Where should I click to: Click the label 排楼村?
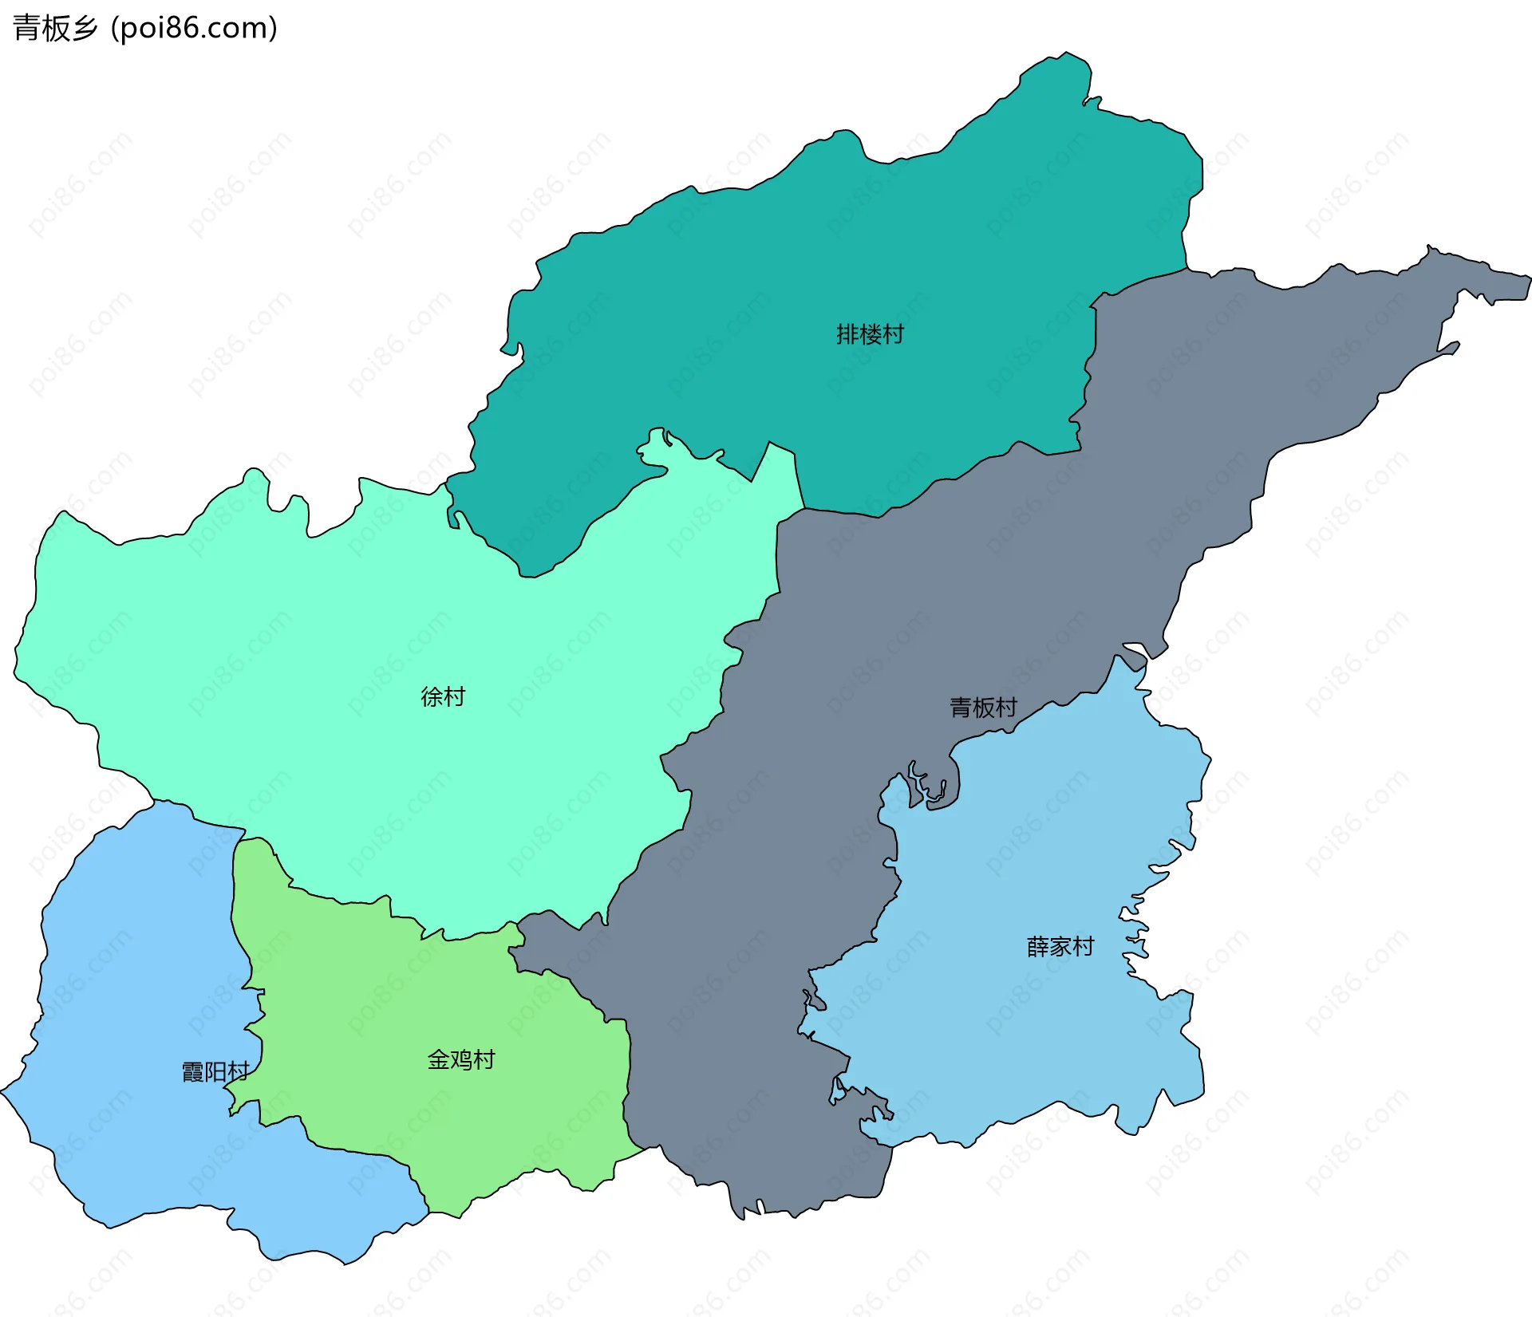coord(870,334)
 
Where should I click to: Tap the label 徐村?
coord(443,696)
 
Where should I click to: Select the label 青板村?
coord(983,707)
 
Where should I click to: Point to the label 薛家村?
coord(1060,947)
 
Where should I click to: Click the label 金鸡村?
coord(461,1059)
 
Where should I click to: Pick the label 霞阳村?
coord(215,1071)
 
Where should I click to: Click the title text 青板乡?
coord(55,28)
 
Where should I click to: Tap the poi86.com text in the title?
coord(194,28)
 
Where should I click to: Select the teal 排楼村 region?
coord(798,263)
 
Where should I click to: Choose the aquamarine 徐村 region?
coord(319,638)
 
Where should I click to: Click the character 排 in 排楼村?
coord(847,334)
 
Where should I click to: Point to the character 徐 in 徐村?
coord(432,696)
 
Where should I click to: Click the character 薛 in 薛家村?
coord(1037,947)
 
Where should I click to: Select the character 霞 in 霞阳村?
coord(193,1071)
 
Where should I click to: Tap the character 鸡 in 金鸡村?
coord(461,1059)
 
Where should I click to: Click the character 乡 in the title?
coord(84,28)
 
